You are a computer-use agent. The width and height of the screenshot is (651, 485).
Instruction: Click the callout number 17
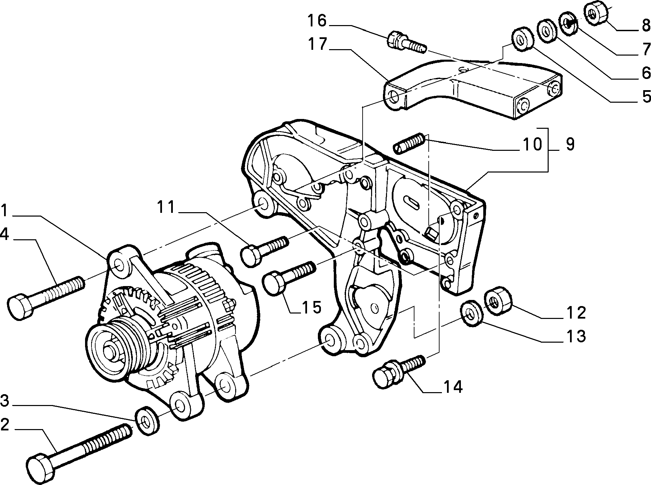(x=318, y=45)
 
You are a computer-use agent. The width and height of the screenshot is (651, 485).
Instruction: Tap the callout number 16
(x=317, y=21)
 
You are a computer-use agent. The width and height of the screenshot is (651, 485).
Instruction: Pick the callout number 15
(x=311, y=307)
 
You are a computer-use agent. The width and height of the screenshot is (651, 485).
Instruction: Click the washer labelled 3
(x=147, y=420)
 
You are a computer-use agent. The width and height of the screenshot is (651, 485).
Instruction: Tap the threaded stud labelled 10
(x=409, y=143)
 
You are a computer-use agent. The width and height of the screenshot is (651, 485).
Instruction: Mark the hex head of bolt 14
(x=385, y=374)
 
